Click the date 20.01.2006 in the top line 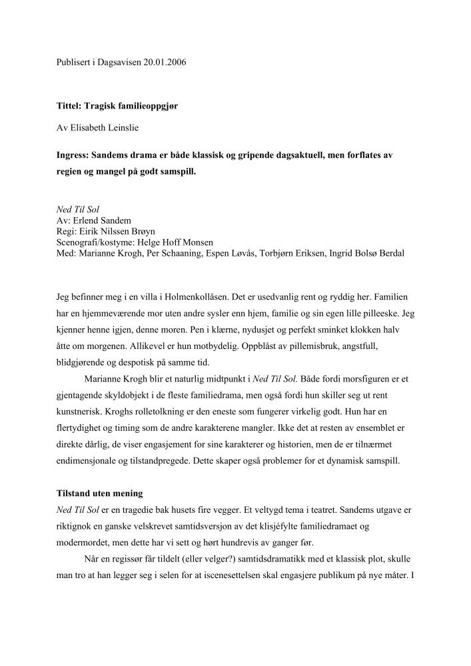tap(163, 63)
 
